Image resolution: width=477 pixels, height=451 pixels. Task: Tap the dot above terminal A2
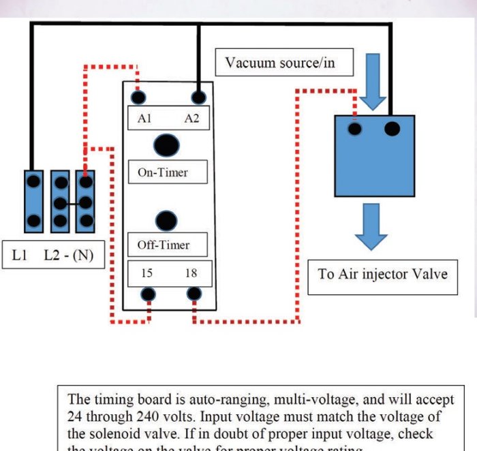coord(198,97)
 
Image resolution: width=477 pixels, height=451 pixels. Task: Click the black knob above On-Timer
coord(166,144)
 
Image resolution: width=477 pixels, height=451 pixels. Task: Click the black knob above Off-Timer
coord(166,220)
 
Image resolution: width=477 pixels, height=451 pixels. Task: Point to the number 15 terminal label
coord(147,274)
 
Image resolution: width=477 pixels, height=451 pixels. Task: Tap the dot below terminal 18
coord(194,295)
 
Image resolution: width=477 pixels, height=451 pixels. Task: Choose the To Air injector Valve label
coord(382,275)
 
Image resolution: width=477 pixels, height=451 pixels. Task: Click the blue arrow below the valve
coord(372,229)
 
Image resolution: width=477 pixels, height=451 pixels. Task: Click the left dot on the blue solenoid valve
coord(355,129)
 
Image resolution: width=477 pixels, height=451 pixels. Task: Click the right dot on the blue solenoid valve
coord(392,128)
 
